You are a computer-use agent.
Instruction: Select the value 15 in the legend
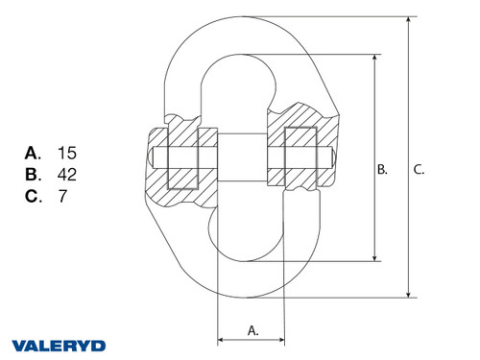[x=66, y=153]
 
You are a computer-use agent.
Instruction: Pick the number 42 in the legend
[x=67, y=175]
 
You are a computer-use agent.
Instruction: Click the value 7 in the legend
[x=61, y=197]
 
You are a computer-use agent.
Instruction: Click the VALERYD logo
[x=59, y=345]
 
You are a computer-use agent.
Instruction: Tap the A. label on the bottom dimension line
[x=253, y=329]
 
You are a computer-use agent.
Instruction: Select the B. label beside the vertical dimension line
[x=382, y=169]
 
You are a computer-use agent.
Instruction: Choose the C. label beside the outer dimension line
[x=419, y=169]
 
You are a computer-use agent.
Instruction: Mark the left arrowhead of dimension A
[x=222, y=339]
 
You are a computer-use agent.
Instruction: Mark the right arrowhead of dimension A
[x=282, y=339]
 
